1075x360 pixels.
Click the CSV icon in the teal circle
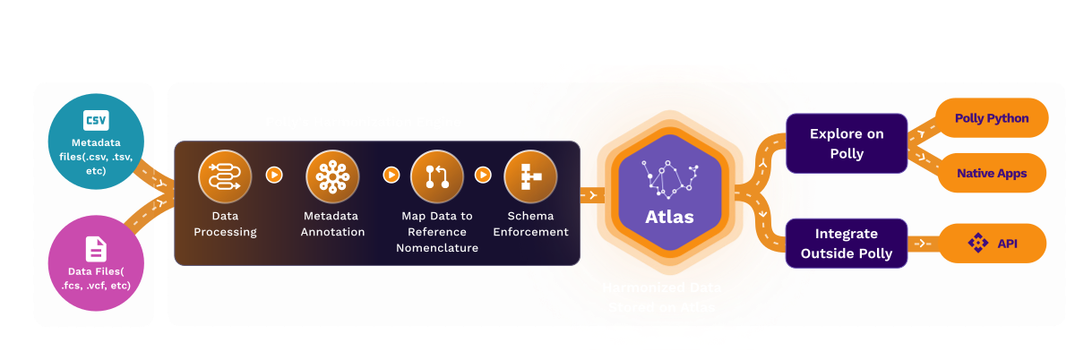coord(96,121)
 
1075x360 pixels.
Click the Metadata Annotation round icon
coord(331,176)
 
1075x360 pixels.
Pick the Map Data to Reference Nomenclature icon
coord(436,176)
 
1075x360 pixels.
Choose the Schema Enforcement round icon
coord(530,176)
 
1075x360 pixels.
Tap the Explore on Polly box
coord(847,143)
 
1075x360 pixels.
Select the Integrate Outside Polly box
coord(847,243)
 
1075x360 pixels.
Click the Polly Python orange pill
coord(991,118)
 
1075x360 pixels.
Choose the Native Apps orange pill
coord(991,173)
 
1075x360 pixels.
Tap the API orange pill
coord(991,243)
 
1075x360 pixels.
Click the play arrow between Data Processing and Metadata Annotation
coord(275,175)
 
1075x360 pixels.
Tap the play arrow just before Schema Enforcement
coord(483,175)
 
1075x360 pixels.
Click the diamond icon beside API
coord(977,243)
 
